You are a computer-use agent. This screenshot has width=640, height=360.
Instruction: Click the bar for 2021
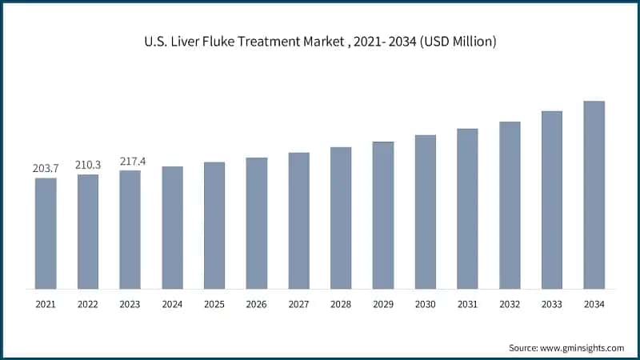pos(46,233)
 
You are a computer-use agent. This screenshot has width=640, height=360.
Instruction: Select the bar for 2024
pos(172,227)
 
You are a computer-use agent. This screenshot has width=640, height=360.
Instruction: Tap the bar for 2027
pos(298,220)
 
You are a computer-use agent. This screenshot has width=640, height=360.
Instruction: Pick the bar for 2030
pos(426,211)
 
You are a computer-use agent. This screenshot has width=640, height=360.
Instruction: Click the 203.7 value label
pos(46,169)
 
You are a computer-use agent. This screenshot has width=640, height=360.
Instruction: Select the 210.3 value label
pos(88,165)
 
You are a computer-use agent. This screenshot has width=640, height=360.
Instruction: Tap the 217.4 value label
pos(130,161)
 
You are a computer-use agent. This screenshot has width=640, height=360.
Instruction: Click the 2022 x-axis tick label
pos(88,304)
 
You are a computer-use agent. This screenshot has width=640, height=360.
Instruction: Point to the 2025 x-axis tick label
pos(214,304)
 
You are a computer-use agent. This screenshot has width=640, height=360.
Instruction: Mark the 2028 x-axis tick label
pos(341,304)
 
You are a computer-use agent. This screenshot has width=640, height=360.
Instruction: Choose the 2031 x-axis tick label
pos(467,304)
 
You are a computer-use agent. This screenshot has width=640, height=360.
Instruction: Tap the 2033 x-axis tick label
pos(551,304)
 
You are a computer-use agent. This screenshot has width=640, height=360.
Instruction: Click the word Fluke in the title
pos(226,41)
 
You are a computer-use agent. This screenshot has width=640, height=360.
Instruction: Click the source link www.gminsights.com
pos(583,348)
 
